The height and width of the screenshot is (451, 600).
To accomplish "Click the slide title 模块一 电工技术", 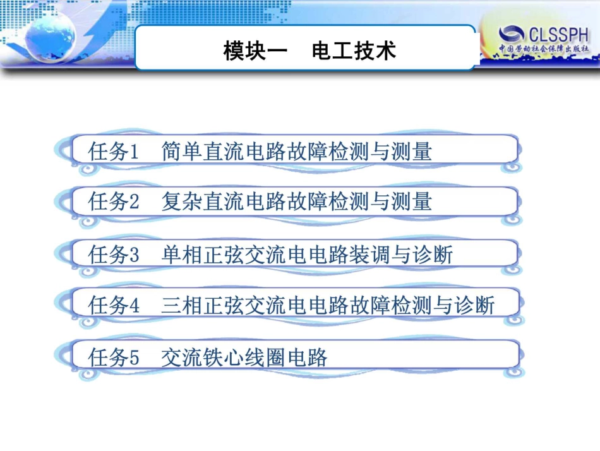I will [x=309, y=50].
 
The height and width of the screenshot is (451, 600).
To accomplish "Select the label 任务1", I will [x=114, y=152].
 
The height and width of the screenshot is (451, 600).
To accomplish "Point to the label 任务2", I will [x=114, y=202].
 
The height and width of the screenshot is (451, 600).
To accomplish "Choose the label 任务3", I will [x=114, y=255].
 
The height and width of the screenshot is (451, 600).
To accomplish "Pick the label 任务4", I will [x=114, y=306].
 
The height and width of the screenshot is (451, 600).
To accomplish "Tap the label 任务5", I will [x=114, y=358].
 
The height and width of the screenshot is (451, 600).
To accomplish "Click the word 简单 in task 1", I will [x=182, y=152].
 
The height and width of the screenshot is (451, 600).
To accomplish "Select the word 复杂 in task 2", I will [x=182, y=202].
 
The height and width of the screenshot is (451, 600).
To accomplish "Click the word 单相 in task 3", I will [x=182, y=255].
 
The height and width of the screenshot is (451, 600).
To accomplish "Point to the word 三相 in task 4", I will [x=182, y=306].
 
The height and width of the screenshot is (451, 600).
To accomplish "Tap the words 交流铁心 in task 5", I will [x=203, y=358].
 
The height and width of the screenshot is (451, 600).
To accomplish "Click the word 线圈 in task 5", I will [x=265, y=358].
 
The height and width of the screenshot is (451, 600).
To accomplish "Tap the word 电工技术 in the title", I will [x=354, y=50].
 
